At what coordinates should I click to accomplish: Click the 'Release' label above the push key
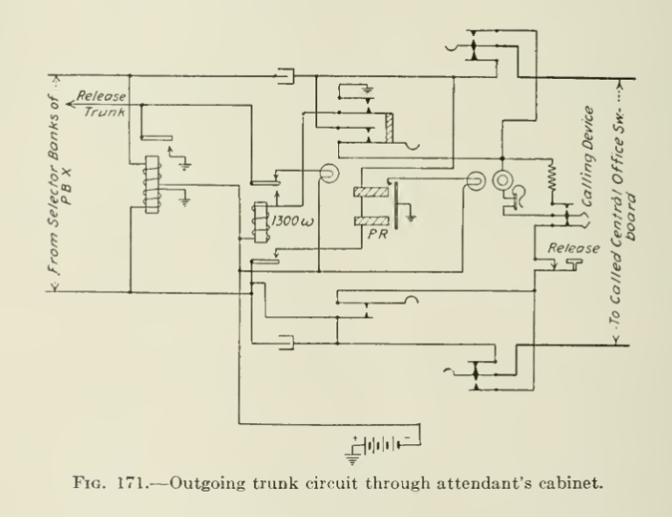coord(574,248)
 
